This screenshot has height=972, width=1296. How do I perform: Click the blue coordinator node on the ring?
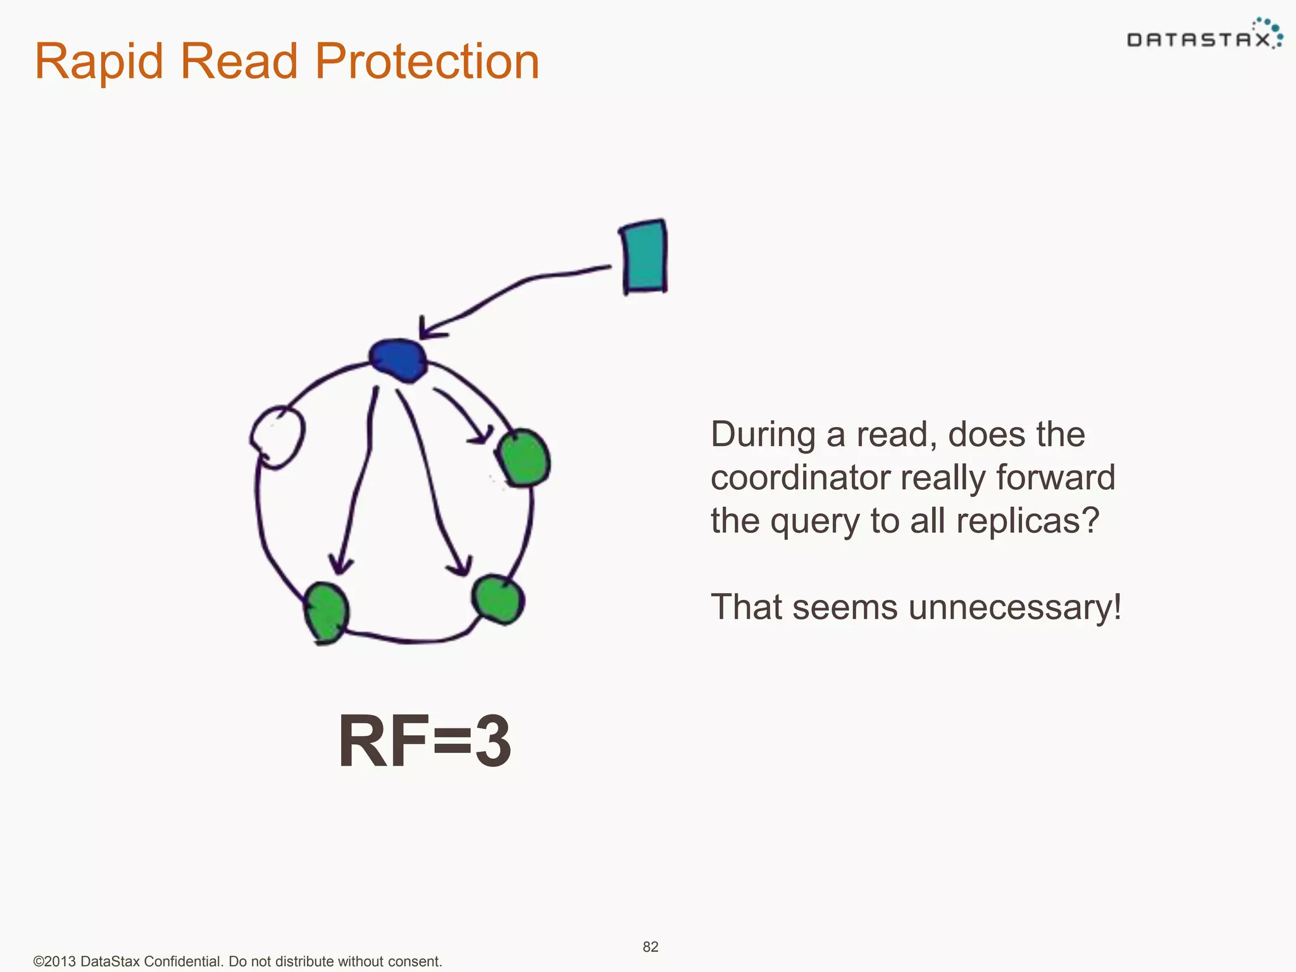coord(398,360)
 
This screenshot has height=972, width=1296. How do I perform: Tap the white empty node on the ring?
coord(278,437)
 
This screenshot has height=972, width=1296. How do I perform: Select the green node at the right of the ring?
coord(523,458)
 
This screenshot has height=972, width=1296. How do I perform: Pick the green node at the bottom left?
coord(327,612)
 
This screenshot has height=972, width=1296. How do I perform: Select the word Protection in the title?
coord(427,61)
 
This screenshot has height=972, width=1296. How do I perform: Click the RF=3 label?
coord(424,740)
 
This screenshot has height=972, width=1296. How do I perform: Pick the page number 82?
coord(651,947)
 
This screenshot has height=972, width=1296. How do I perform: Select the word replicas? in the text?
coord(1028,521)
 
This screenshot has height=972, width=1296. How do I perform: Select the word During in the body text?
coord(763,435)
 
